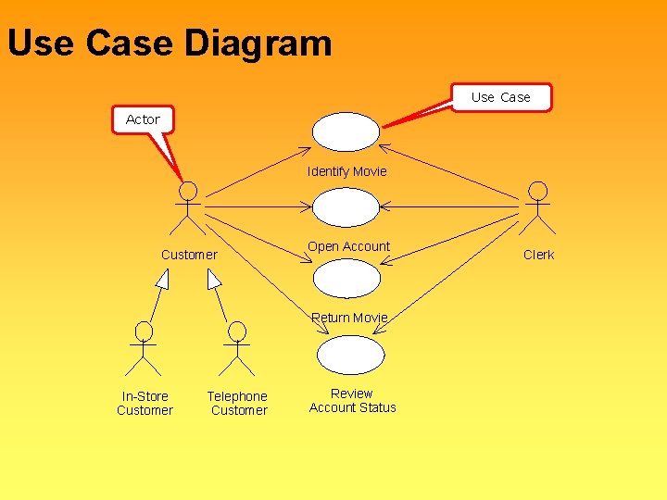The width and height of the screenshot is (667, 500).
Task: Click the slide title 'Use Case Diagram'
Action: coord(170,44)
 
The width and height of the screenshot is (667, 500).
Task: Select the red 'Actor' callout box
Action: coord(143,119)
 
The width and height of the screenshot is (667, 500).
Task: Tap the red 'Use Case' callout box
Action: coord(501,97)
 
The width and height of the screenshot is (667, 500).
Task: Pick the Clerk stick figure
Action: coord(537,207)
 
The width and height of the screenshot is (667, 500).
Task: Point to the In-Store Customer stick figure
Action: coord(144,347)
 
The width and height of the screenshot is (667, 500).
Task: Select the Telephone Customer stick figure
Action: coord(237,347)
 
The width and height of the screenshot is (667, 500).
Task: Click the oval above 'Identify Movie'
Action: coord(346,131)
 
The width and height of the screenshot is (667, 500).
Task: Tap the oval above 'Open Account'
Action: coord(346,207)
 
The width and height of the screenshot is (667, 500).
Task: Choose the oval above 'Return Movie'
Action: coord(346,279)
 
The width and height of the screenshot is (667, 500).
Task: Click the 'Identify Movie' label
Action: coord(347,171)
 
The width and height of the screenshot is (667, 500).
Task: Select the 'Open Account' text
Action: coord(348,246)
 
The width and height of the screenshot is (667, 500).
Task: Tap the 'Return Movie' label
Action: coord(349,318)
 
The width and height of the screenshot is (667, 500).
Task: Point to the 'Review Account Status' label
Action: coord(352,401)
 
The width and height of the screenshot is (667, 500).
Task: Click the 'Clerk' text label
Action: coord(538,255)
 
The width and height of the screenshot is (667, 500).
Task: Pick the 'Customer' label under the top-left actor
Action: coord(189,255)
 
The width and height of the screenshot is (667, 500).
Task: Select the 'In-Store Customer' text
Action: coord(145,404)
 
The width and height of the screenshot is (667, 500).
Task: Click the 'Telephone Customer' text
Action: coord(238,404)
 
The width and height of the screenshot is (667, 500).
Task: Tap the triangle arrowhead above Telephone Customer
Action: coord(214,279)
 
